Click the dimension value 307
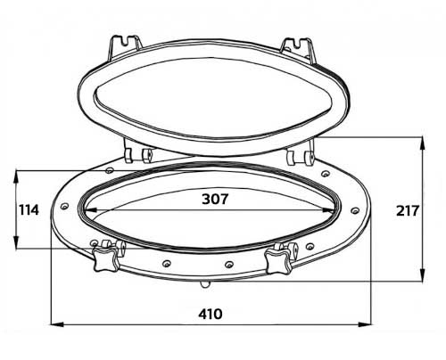point(215,199)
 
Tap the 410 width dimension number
point(211,314)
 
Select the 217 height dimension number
point(408,211)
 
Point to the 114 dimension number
point(29,210)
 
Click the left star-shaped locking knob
point(106,260)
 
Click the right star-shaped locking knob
point(277,261)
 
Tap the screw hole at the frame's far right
point(355,210)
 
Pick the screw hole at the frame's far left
point(64,206)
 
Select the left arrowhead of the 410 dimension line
point(57,324)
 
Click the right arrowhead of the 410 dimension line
point(365,324)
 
